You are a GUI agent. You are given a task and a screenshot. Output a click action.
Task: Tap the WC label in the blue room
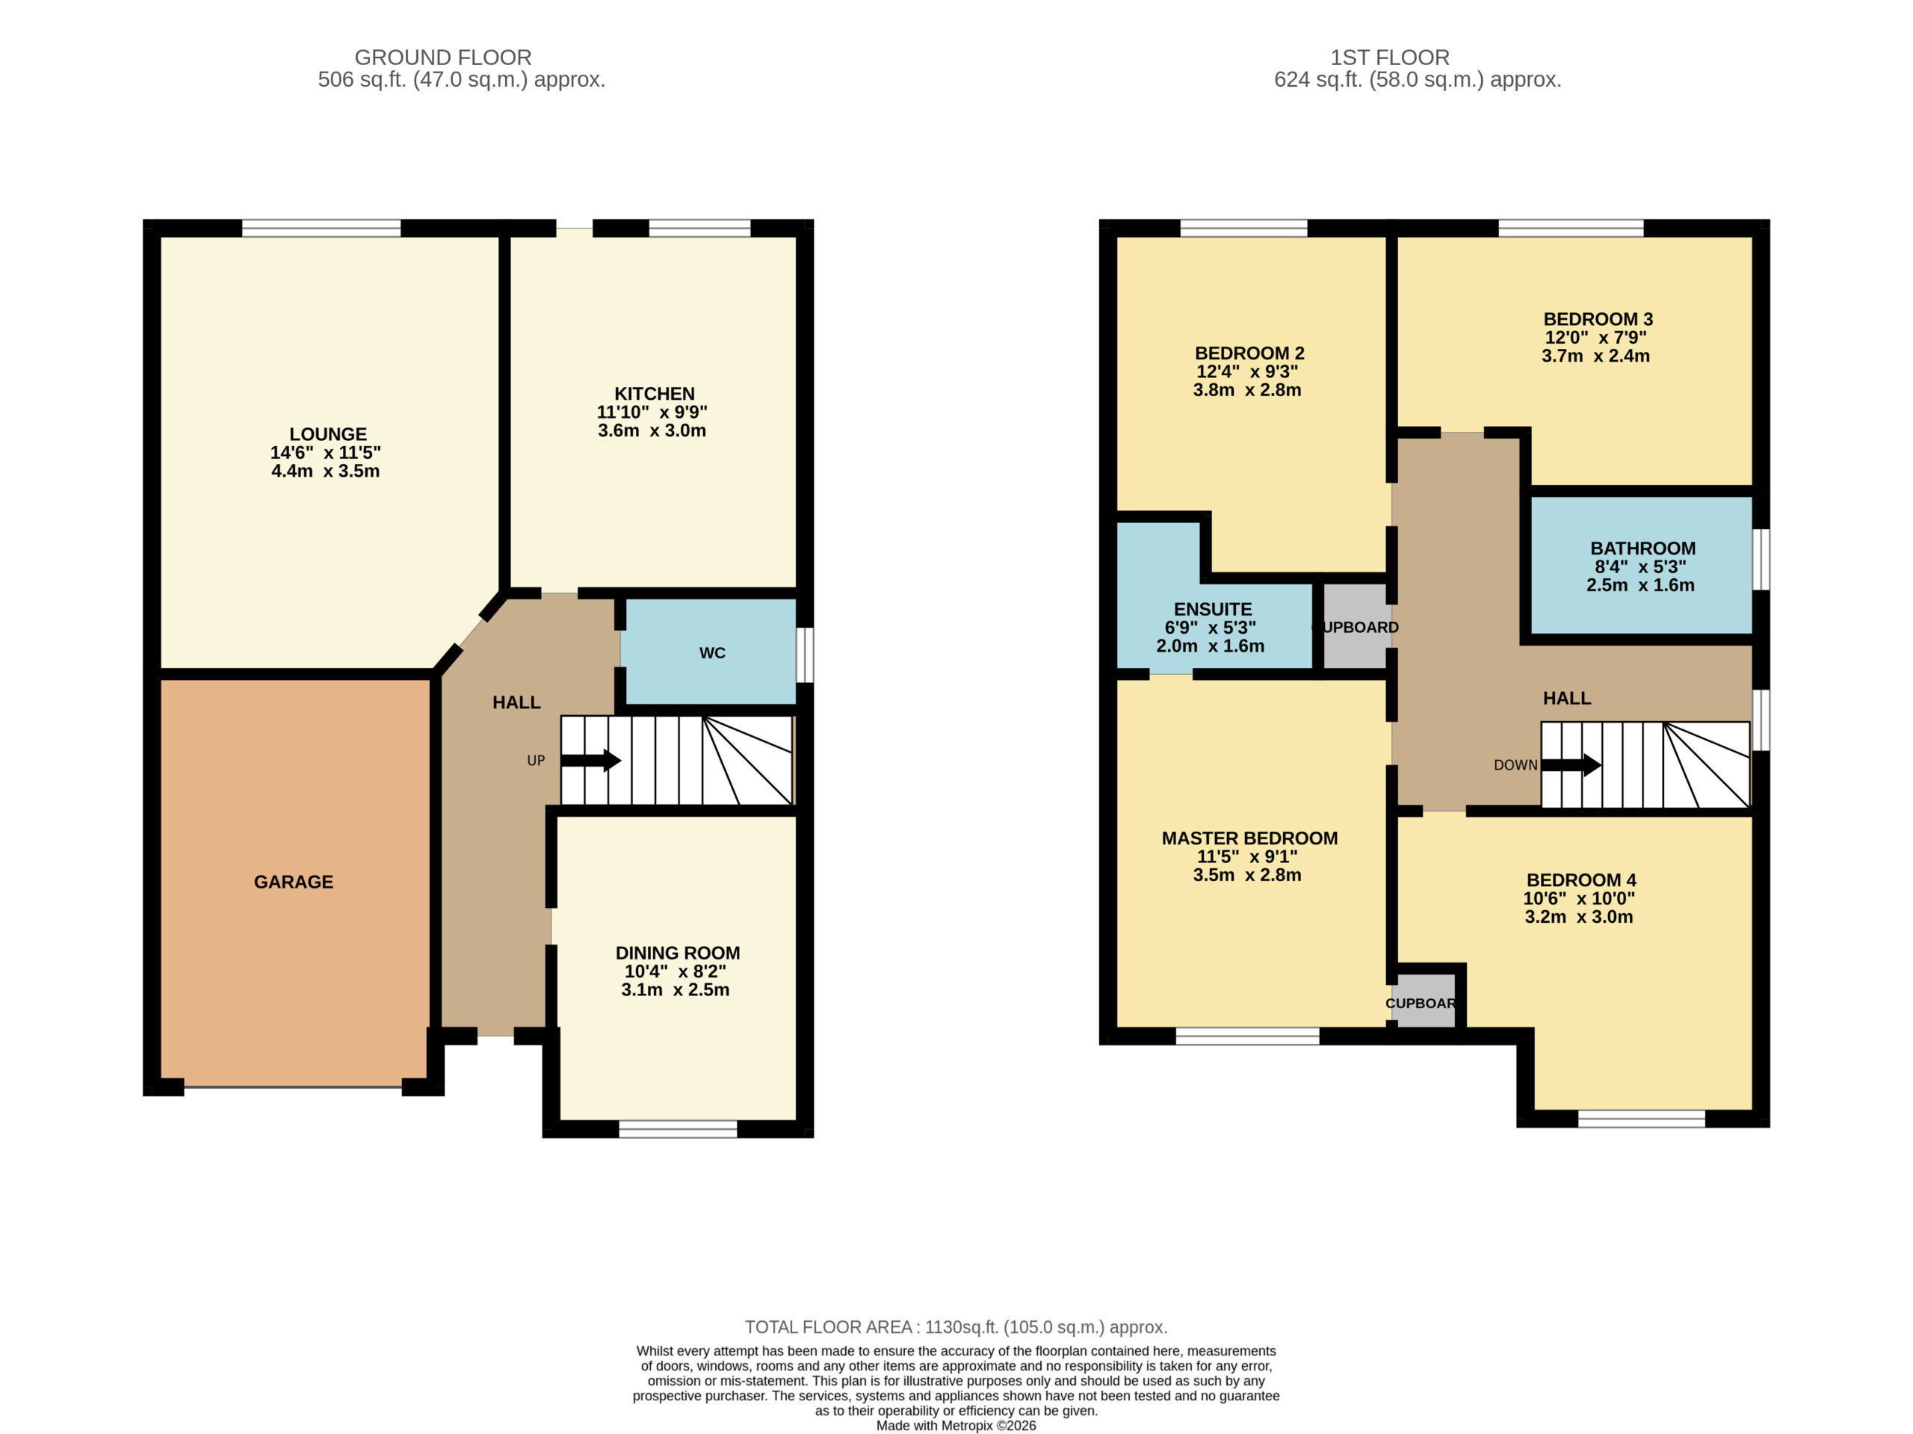click(711, 653)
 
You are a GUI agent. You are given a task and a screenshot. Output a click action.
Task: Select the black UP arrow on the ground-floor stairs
click(590, 761)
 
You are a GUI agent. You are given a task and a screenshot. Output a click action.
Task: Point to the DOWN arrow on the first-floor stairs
click(1571, 764)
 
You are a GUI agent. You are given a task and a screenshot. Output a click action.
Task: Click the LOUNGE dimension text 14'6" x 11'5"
click(325, 452)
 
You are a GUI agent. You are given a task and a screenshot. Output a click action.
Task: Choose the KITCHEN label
click(654, 394)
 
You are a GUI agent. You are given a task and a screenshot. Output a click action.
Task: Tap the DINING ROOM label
click(677, 953)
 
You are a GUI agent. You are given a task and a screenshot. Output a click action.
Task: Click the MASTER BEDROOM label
click(1249, 838)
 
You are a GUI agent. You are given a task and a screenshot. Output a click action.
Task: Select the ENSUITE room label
click(1213, 609)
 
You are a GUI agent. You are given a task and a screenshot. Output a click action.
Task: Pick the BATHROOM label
click(1642, 548)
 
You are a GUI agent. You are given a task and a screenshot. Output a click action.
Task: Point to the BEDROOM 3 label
click(1598, 319)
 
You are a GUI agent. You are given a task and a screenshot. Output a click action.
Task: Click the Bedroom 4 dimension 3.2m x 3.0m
click(1578, 917)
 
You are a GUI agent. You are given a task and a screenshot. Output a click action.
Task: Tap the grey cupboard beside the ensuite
click(1356, 626)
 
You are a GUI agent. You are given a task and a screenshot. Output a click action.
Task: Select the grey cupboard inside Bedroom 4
click(1424, 1001)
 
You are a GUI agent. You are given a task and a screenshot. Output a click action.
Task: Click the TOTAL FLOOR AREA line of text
click(956, 1326)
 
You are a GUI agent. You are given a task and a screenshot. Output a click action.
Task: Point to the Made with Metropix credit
click(956, 1425)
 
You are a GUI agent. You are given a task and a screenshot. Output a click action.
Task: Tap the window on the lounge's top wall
click(322, 229)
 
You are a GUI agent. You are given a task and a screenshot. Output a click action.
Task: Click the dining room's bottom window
click(678, 1128)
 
